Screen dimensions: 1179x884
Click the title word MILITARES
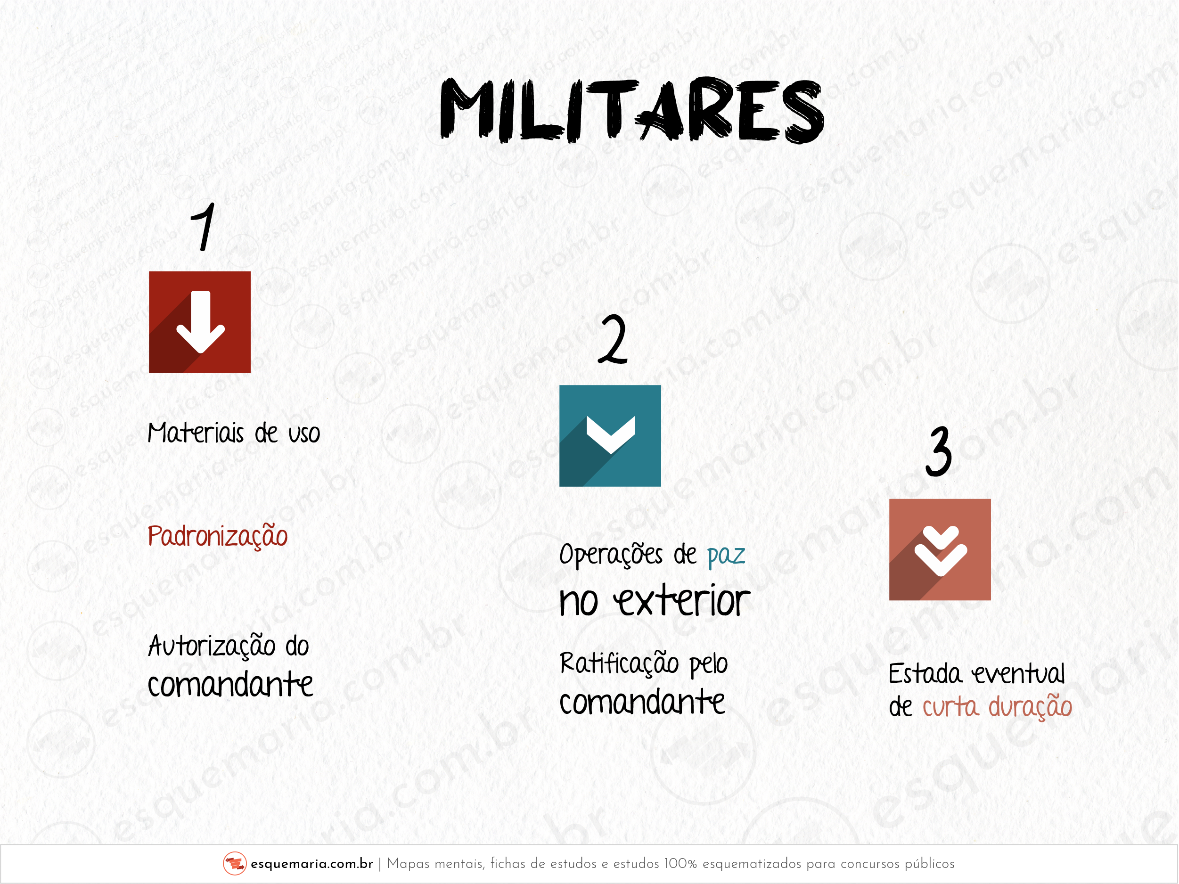(x=632, y=111)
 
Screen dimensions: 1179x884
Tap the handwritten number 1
(x=204, y=227)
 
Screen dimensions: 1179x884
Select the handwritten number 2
(x=613, y=339)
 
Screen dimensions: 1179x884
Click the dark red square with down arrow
(x=199, y=322)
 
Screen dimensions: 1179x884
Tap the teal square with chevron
(x=610, y=436)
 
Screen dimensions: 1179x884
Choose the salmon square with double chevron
(x=940, y=550)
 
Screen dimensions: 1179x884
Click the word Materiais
(x=196, y=433)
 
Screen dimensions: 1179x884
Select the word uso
(x=304, y=435)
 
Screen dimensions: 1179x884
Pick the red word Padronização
(x=217, y=536)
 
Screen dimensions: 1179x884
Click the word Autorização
(x=212, y=647)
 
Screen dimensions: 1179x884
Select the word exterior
(x=682, y=602)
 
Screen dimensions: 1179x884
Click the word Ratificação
(x=619, y=664)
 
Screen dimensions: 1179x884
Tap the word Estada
(x=925, y=674)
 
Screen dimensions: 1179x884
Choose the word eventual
(x=1018, y=674)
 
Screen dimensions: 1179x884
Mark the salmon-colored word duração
(x=1030, y=708)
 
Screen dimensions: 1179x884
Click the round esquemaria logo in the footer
(x=235, y=864)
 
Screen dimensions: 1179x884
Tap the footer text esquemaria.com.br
(x=312, y=864)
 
